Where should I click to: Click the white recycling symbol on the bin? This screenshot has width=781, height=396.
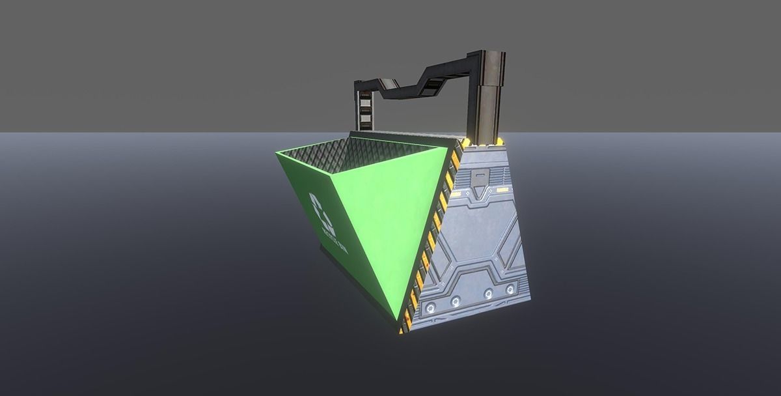point(322,214)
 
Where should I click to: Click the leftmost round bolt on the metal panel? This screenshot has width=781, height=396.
point(431,304)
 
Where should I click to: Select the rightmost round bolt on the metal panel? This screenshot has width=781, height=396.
point(510,289)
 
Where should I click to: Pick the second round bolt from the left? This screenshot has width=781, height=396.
point(456,300)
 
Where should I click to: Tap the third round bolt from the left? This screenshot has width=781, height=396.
point(488,294)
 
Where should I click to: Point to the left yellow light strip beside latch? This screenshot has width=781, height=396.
point(456,193)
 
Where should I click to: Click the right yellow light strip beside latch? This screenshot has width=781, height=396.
point(502,190)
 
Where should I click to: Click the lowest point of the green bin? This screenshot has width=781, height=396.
point(398,321)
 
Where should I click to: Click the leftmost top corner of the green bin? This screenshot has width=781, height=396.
point(276,152)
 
